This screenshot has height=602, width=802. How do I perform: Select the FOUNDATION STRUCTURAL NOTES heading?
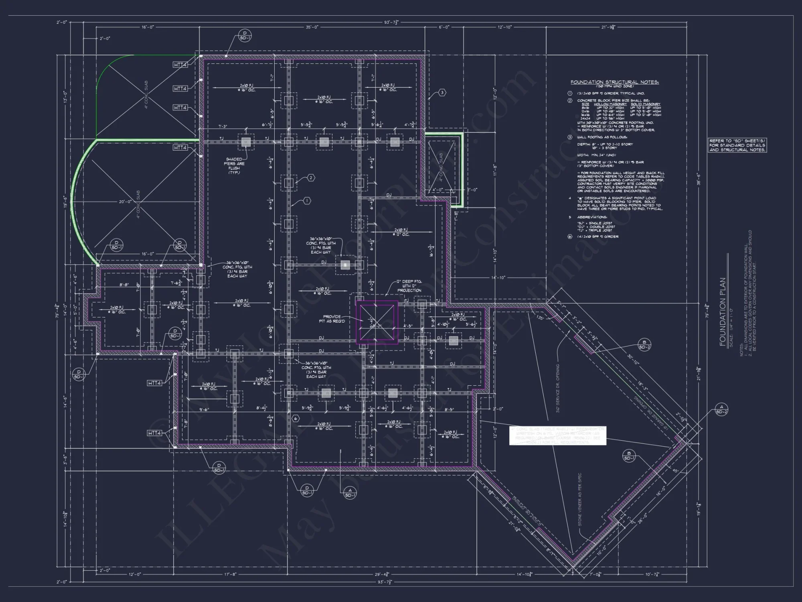point(614,82)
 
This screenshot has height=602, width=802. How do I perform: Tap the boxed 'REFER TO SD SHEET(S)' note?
point(737,145)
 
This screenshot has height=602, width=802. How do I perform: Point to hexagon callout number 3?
point(442,93)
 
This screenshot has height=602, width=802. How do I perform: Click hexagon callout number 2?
point(311,178)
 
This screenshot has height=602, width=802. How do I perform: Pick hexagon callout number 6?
point(296,419)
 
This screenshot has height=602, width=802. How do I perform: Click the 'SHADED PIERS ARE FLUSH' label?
point(234,166)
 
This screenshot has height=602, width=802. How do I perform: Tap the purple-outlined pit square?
point(377,322)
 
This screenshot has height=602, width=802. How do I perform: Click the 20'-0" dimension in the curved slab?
point(125,202)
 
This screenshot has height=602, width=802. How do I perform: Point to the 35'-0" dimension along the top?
point(312,27)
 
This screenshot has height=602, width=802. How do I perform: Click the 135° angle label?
point(541,318)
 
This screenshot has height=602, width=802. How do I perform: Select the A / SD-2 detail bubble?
point(722,409)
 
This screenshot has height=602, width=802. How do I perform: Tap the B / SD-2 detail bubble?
point(644,344)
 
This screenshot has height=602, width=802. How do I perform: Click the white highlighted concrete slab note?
point(557,436)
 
